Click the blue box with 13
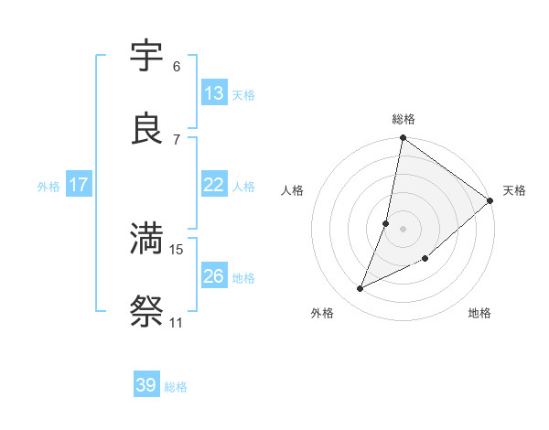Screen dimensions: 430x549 point(213,93)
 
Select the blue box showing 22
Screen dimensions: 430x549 point(213,185)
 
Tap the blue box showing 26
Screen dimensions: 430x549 point(213,276)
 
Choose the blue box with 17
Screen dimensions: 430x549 point(78,185)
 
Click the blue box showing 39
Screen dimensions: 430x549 point(145,385)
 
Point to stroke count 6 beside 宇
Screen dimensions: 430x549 point(177,67)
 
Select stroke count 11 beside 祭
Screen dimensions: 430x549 point(176,323)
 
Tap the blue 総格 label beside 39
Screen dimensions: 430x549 point(176,387)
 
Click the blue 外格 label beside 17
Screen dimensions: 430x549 point(48,187)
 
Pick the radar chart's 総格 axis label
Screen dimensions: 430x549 point(404,119)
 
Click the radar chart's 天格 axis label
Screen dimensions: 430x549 point(514,190)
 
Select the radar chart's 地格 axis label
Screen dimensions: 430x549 point(479,314)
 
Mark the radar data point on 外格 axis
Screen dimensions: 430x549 point(361,289)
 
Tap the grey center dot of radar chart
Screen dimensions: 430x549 point(404,229)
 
